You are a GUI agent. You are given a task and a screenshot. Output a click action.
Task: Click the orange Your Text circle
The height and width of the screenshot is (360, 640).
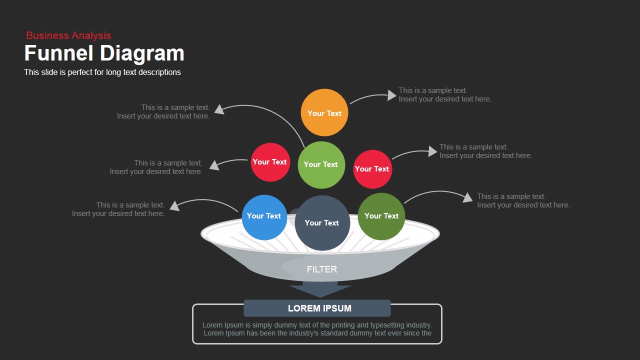[x=324, y=113]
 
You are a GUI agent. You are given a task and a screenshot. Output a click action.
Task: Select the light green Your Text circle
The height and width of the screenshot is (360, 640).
[x=321, y=164]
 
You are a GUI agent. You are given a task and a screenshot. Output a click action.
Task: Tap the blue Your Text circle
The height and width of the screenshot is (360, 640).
[x=264, y=216]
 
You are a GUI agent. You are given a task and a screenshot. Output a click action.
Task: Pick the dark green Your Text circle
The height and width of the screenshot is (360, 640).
[x=381, y=216]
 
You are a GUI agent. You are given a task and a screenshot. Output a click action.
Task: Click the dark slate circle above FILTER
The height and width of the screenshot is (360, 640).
[x=322, y=223]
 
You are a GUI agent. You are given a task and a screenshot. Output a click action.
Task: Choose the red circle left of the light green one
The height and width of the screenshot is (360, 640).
[x=270, y=162]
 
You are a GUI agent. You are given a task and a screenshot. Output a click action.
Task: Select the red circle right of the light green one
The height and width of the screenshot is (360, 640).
[x=372, y=169]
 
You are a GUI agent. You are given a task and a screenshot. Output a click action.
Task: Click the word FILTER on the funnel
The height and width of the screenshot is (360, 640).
[x=322, y=269]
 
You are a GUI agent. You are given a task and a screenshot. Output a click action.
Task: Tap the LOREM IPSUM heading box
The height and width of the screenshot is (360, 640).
[x=317, y=308]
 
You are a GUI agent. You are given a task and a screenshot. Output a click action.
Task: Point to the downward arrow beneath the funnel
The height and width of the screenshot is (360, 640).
[x=320, y=290]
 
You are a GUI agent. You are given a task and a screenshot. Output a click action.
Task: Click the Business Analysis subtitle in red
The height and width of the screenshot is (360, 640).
[x=68, y=35]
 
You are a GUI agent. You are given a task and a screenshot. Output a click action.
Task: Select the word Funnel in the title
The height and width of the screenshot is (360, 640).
[x=59, y=53]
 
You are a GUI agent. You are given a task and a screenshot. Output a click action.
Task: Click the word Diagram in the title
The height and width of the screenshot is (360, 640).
[x=142, y=53]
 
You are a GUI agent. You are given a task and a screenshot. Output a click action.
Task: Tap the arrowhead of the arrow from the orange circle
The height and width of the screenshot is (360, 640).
[x=392, y=95]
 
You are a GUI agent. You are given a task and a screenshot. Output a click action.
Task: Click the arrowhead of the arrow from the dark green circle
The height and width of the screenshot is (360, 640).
[x=467, y=197]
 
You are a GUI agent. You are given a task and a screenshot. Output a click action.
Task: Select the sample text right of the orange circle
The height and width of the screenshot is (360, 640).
[x=444, y=95]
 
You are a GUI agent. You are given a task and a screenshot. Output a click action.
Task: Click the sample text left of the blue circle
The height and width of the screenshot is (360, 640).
[x=118, y=209]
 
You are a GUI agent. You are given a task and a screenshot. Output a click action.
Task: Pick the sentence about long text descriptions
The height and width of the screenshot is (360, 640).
[x=102, y=72]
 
